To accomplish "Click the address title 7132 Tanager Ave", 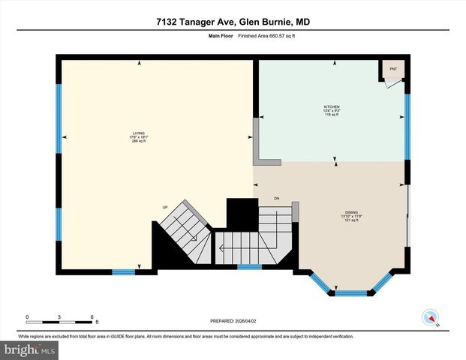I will point(233,22).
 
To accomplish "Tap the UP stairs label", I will point(164,208).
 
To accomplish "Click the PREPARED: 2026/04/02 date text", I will point(233,320).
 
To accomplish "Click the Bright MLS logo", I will point(30,349).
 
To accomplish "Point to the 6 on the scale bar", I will point(91,316).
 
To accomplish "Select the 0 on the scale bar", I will point(27,316).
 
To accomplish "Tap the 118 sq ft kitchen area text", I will point(332,115).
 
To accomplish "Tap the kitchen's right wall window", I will point(407,126).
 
